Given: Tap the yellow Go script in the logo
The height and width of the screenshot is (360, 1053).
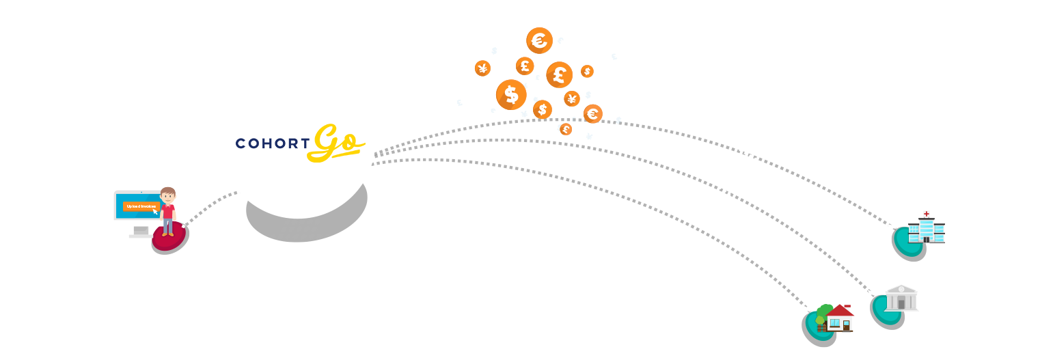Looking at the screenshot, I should [x=336, y=143].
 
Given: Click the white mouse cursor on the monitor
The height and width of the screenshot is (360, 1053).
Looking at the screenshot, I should [x=155, y=210].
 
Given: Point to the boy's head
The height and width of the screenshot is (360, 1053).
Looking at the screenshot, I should [x=167, y=195].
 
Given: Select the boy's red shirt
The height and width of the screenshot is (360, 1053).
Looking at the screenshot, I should [x=167, y=212].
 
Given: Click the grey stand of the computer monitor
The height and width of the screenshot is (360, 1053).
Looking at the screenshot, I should [x=141, y=232].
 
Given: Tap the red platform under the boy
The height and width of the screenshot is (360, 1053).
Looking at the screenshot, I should [x=169, y=238].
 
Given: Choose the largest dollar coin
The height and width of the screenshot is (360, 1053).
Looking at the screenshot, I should [x=510, y=94].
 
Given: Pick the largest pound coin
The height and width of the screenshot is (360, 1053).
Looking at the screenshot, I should [x=559, y=74].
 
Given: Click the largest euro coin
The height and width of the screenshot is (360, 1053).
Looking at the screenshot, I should [x=539, y=41].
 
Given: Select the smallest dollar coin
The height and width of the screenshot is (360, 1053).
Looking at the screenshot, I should [x=587, y=71].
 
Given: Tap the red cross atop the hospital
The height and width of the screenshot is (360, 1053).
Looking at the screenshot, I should [x=926, y=214].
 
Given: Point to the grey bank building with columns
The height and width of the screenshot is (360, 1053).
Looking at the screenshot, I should [x=901, y=299].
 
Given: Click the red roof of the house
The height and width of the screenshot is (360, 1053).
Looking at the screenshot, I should [x=840, y=311].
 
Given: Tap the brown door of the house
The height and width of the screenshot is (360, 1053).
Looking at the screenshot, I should [x=847, y=325].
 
